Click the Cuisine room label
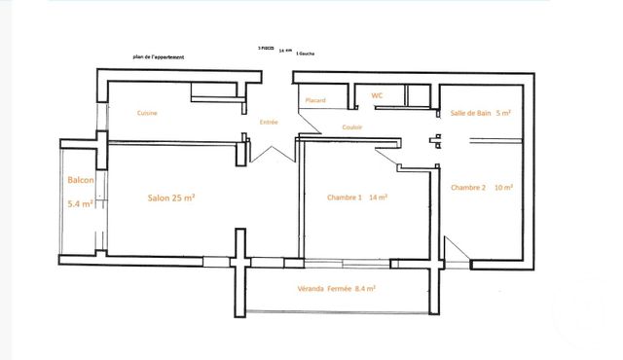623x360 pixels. click(147, 114)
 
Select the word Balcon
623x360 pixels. click(81, 180)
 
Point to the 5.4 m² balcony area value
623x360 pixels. click(81, 204)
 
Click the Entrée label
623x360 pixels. click(269, 123)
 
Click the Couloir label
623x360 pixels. click(352, 127)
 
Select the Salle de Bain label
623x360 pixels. click(472, 114)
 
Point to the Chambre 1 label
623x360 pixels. click(345, 198)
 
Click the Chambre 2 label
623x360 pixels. click(468, 187)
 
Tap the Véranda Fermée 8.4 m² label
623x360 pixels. click(338, 289)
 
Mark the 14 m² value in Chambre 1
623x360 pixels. click(379, 198)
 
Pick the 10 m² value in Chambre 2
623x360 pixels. click(504, 187)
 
